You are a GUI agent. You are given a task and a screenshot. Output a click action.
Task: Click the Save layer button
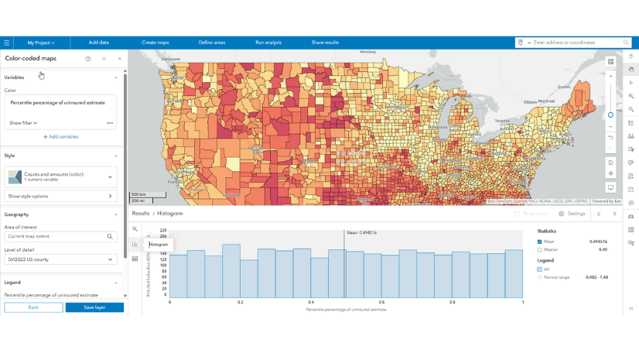94,307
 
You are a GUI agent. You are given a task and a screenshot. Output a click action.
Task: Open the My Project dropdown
41,43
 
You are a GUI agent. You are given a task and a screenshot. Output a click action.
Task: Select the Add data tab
98,43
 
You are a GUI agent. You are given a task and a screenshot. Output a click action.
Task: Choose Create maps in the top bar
155,43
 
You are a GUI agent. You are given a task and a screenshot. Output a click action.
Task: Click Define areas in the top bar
211,43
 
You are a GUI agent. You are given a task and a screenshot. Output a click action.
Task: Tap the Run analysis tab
268,43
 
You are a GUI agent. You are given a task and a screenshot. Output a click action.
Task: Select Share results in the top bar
325,43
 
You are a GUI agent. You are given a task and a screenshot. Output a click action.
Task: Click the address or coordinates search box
576,43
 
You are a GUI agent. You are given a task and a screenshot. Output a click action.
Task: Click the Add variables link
60,137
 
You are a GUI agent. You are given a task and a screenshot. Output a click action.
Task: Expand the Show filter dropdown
24,123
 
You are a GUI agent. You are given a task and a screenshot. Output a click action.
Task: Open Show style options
61,196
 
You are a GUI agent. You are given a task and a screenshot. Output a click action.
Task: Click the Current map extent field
56,236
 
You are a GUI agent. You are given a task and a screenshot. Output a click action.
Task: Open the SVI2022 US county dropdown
61,259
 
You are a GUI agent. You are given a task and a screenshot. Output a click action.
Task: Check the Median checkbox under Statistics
540,250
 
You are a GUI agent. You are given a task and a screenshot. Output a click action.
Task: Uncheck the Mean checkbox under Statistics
540,242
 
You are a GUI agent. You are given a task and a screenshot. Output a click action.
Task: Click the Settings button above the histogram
572,214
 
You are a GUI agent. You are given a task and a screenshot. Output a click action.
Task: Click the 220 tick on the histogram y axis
163,230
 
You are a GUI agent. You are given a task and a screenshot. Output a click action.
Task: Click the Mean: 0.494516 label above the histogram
362,232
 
